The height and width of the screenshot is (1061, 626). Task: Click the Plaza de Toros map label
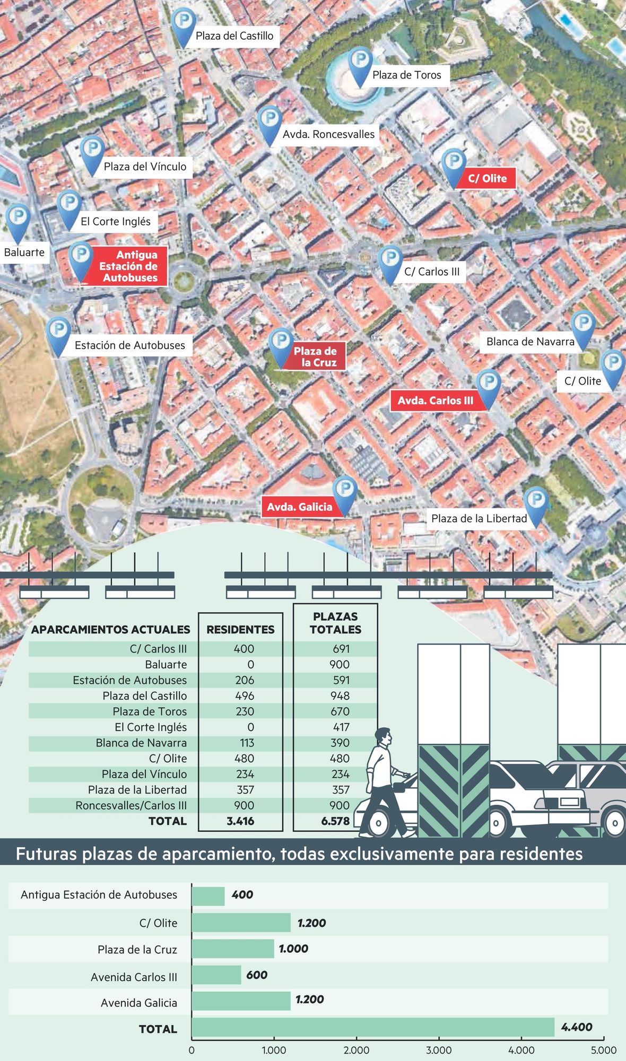406,75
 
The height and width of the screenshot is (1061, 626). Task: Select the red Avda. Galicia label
299,507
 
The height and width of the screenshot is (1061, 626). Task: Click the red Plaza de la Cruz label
315,356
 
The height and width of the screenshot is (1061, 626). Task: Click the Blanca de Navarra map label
530,342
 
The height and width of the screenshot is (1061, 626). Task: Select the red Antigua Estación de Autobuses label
129,266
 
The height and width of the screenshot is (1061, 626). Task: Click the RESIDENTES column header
240,630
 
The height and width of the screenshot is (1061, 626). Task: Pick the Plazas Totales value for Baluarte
340,665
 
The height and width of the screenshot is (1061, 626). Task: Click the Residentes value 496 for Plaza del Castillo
245,696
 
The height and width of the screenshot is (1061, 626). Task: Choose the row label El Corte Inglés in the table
151,727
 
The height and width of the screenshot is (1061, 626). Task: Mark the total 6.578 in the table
335,821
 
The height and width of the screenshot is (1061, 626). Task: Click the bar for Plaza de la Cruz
233,949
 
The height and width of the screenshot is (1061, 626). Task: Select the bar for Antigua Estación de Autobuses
208,896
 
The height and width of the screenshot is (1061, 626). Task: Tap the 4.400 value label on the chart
577,1027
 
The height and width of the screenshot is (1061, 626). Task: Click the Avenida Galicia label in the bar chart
139,1003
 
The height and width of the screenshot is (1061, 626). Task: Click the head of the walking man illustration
384,736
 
